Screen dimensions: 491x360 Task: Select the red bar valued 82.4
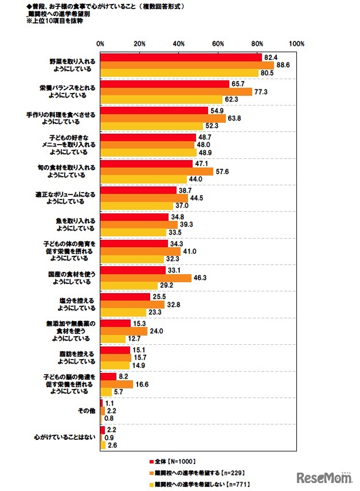pyautogui.click(x=181, y=57)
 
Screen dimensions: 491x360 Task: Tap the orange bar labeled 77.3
pyautogui.click(x=176, y=91)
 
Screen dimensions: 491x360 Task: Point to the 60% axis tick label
pyautogui.click(x=218, y=44)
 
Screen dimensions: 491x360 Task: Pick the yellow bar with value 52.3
pyautogui.click(x=151, y=126)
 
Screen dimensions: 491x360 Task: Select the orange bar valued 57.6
pyautogui.click(x=156, y=171)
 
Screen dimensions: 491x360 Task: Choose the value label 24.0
pyautogui.click(x=157, y=330)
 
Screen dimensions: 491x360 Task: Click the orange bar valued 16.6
pyautogui.click(x=116, y=384)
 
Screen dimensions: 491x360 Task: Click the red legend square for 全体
pyautogui.click(x=151, y=461)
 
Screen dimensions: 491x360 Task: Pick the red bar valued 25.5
pyautogui.click(x=125, y=297)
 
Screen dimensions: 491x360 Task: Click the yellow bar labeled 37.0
pyautogui.click(x=136, y=205)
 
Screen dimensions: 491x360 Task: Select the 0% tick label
pyautogui.click(x=100, y=44)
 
